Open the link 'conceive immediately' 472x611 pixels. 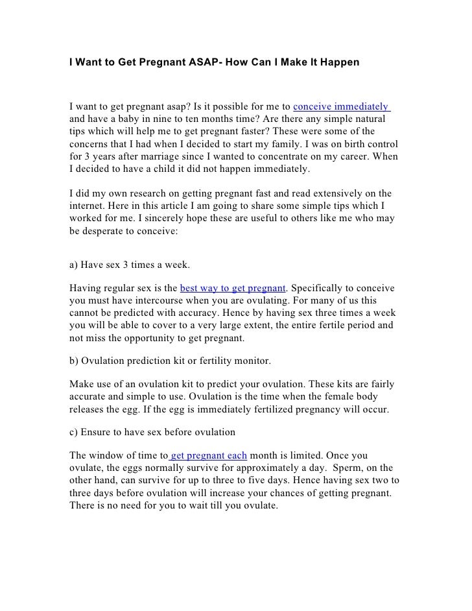pyautogui.click(x=341, y=106)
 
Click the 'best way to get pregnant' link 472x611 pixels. pyautogui.click(x=232, y=287)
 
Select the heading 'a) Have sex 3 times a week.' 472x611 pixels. pyautogui.click(x=129, y=265)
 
